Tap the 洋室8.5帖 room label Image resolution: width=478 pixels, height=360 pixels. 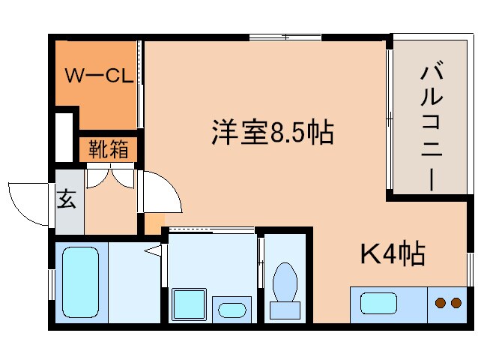[x=271, y=133]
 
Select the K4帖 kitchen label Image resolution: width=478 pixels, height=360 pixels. [x=393, y=254]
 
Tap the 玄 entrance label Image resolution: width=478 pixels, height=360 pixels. [x=67, y=200]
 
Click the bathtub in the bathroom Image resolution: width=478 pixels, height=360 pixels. [x=80, y=282]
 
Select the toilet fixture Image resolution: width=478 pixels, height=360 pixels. [x=285, y=284]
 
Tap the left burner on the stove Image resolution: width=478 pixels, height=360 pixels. [x=441, y=303]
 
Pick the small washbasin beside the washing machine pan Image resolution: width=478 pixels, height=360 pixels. [x=232, y=309]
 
